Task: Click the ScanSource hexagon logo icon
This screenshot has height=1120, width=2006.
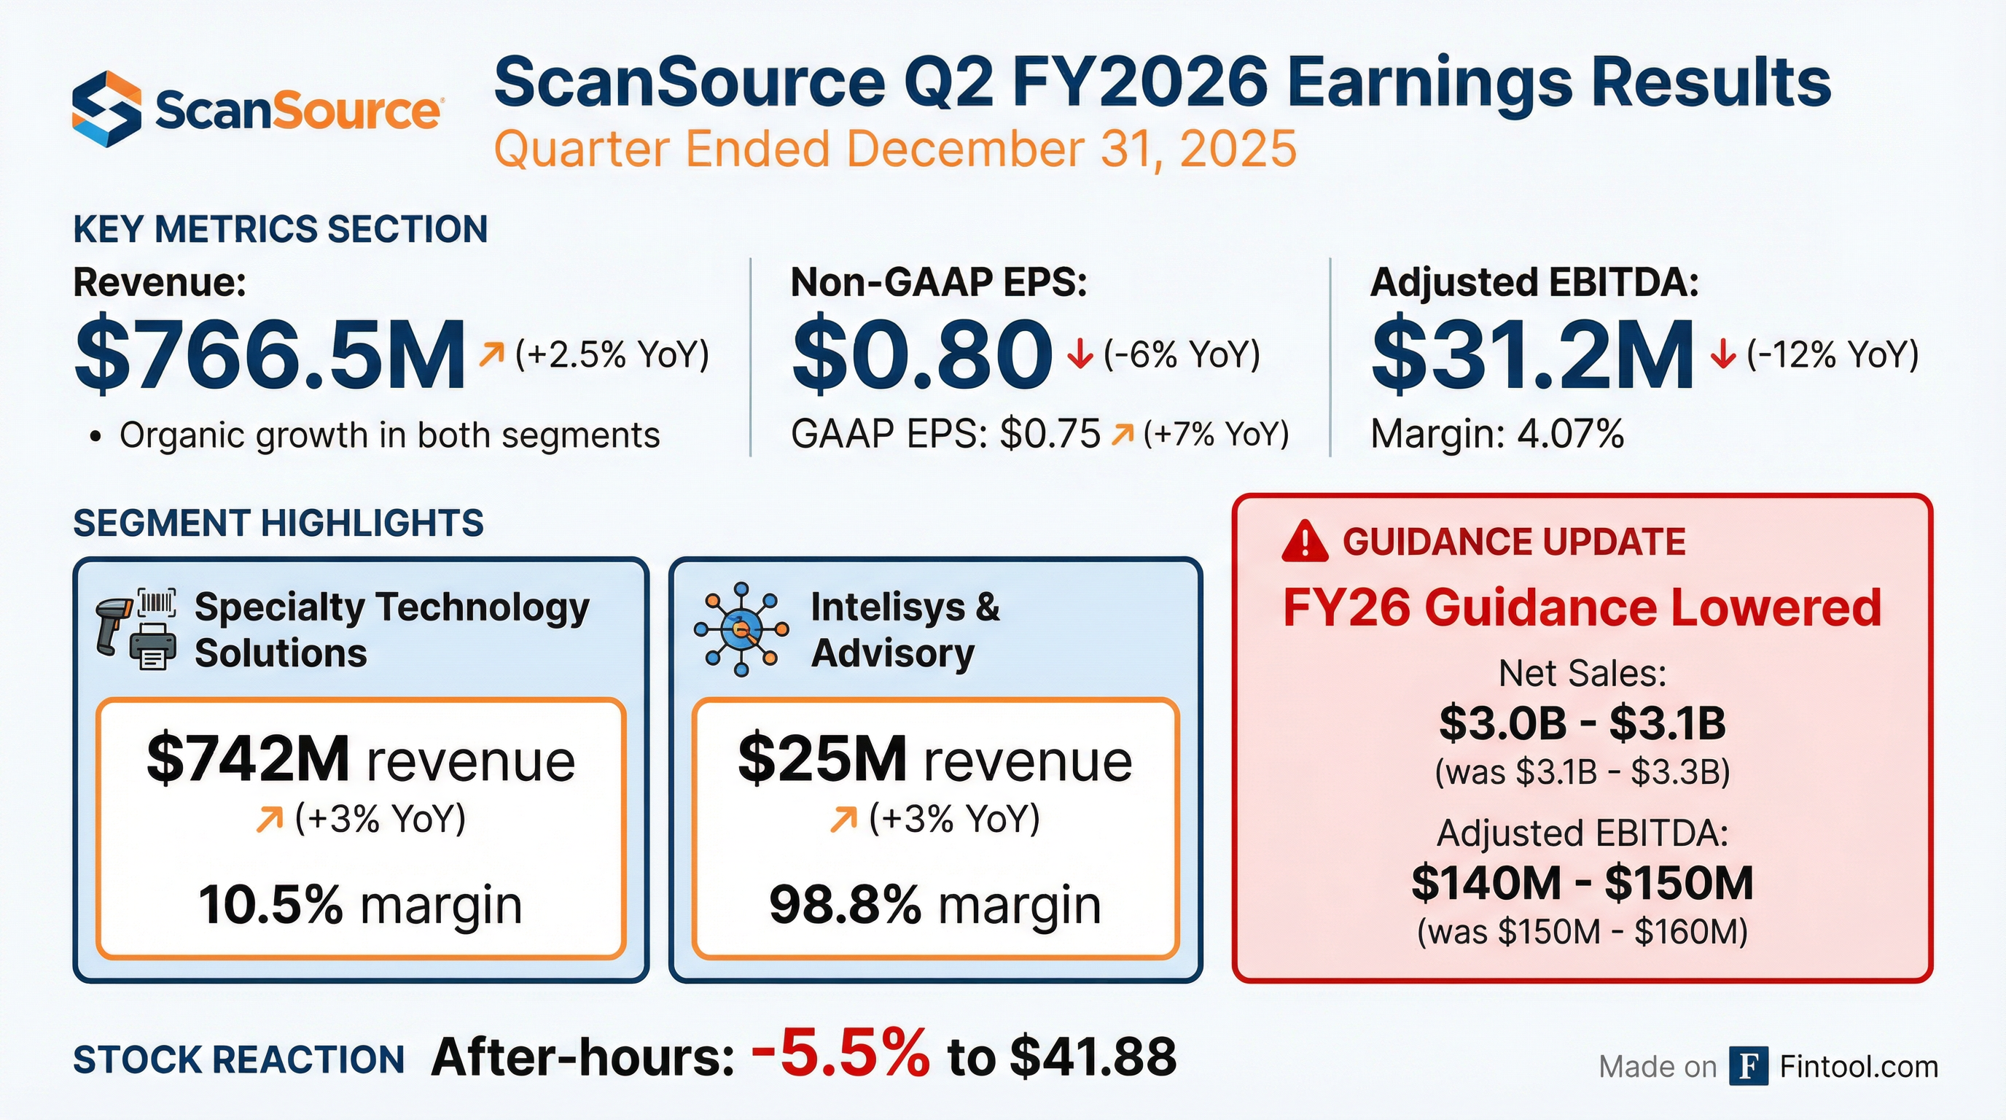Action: pyautogui.click(x=106, y=109)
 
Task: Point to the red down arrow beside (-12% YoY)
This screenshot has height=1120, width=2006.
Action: pyautogui.click(x=1722, y=356)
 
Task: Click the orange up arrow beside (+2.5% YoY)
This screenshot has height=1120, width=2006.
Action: pyautogui.click(x=491, y=355)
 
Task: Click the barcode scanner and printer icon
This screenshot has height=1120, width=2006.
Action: pyautogui.click(x=136, y=629)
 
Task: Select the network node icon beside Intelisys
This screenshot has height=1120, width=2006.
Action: pyautogui.click(x=740, y=629)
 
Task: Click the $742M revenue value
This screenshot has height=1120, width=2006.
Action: pyautogui.click(x=249, y=759)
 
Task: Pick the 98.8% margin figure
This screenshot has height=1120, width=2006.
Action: pyautogui.click(x=845, y=905)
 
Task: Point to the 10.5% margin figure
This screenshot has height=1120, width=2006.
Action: pyautogui.click(x=270, y=905)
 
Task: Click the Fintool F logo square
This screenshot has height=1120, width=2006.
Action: pyautogui.click(x=1748, y=1066)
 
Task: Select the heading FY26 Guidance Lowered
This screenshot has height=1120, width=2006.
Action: pyautogui.click(x=1582, y=608)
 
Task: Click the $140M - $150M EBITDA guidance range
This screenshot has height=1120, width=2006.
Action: pyautogui.click(x=1582, y=883)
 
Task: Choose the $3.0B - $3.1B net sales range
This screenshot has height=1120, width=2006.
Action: pyautogui.click(x=1582, y=723)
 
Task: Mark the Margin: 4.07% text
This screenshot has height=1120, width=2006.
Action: pyautogui.click(x=1496, y=435)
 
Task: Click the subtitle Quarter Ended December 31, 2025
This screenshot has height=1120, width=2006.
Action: pyautogui.click(x=895, y=149)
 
